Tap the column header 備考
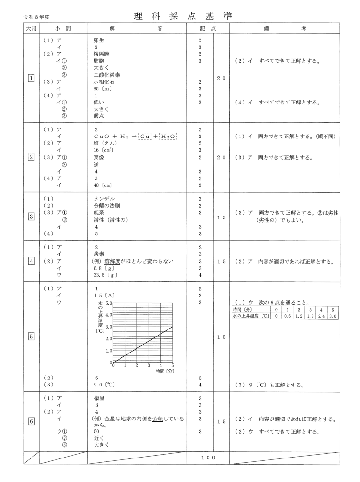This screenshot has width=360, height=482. pos(284,29)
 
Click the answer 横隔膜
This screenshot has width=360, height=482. pos(102,54)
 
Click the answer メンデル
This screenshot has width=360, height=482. pos(104,199)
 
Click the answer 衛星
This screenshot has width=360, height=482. pos(99,398)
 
